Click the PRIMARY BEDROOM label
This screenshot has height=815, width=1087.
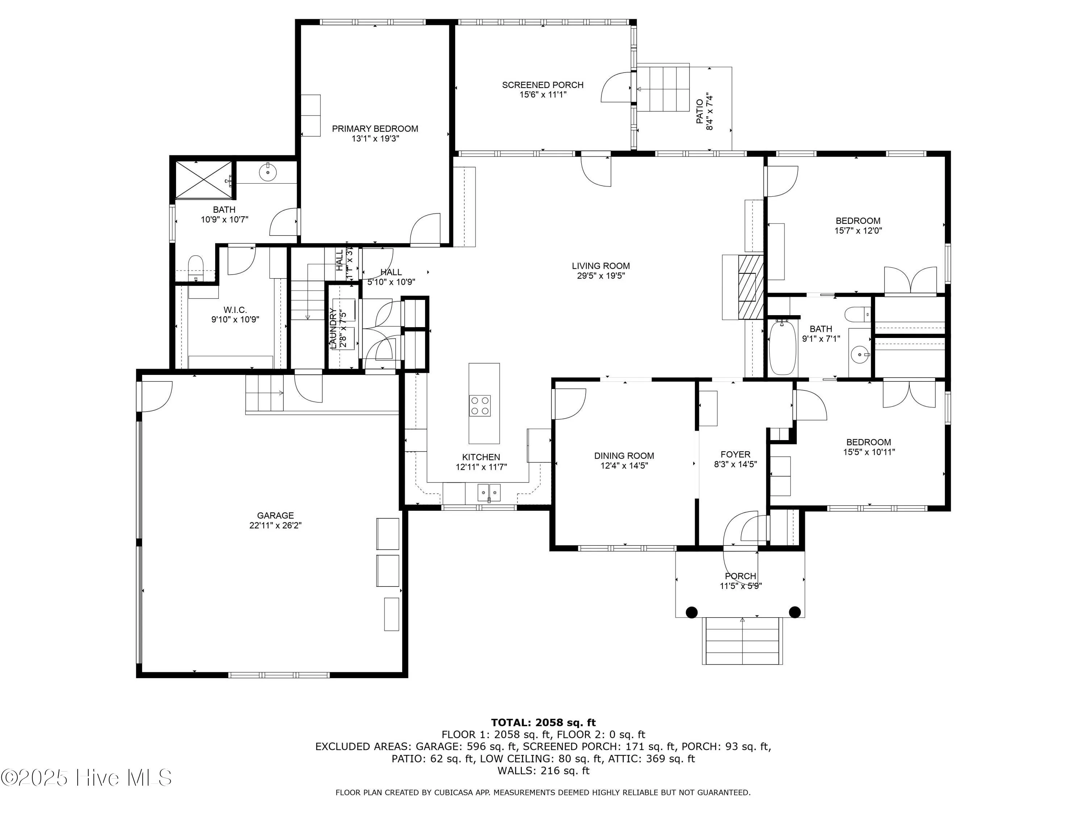click(x=375, y=129)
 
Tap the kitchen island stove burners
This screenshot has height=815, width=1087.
click(x=480, y=406)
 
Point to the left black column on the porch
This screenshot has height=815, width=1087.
click(x=691, y=612)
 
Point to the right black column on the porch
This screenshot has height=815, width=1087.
click(x=795, y=612)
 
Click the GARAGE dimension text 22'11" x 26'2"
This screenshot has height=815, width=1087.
click(x=275, y=525)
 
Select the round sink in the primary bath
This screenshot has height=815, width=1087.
click(x=267, y=172)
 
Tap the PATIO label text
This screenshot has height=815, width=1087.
click(x=700, y=112)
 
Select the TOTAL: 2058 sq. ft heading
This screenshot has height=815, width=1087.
click(x=543, y=722)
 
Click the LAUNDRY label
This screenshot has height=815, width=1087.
click(x=334, y=328)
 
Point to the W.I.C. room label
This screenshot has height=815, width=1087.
click(x=235, y=310)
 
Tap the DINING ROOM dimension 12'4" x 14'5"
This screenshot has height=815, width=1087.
click(x=624, y=466)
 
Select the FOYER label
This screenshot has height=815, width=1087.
click(x=735, y=455)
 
